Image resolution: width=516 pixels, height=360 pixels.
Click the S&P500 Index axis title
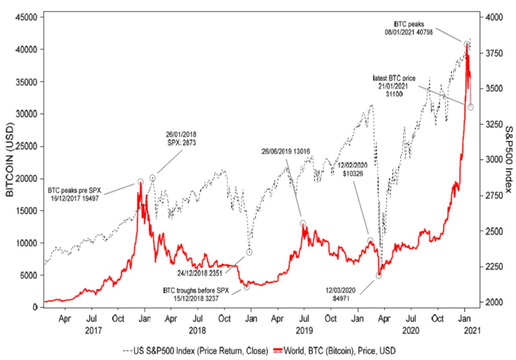tap(508, 159)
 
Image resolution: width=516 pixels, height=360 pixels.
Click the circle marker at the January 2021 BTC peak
tap(467, 44)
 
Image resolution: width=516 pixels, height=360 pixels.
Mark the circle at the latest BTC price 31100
tap(471, 107)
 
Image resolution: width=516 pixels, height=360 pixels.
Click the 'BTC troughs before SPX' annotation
tap(198, 294)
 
